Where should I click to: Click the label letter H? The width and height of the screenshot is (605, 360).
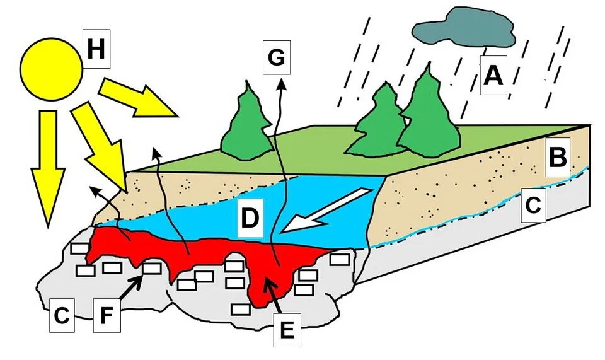point(96,49)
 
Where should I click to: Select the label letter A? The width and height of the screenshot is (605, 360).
point(493,76)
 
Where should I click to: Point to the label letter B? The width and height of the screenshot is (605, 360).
point(557,156)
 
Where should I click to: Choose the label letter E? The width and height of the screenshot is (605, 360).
point(287,329)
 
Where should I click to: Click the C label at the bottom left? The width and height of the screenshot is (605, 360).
point(60,315)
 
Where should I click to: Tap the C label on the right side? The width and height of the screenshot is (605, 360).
point(533,204)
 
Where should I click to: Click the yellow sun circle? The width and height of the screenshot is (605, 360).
point(51,67)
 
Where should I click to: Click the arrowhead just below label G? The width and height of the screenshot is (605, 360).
point(281,84)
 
